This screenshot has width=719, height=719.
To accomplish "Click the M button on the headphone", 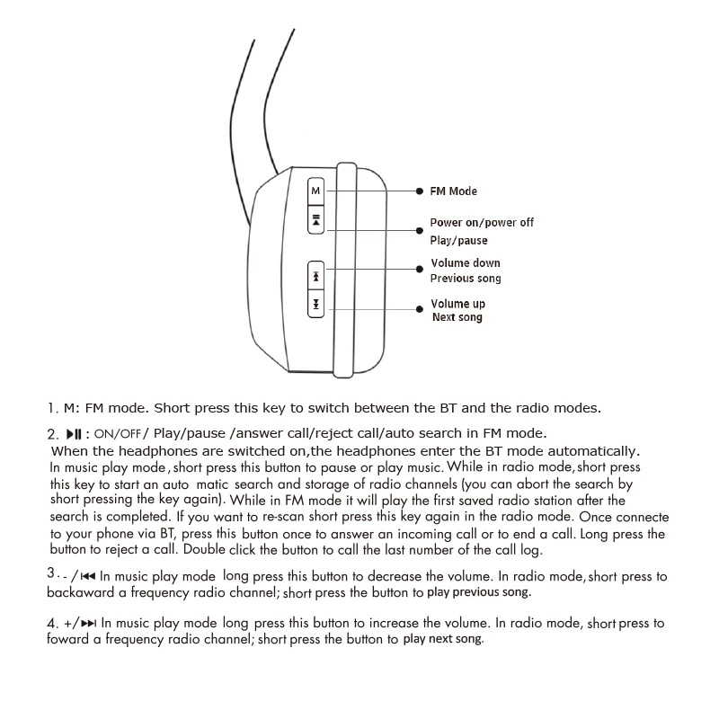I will click(315, 191).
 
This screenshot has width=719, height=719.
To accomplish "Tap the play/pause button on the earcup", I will click(315, 219).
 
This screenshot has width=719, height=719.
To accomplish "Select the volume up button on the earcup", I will click(315, 306).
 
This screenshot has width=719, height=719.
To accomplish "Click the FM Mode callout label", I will click(454, 191).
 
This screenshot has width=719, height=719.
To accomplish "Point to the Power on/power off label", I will click(481, 222).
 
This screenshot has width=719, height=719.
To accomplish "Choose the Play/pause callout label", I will click(458, 240).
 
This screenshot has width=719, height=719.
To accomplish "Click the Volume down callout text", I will click(466, 263).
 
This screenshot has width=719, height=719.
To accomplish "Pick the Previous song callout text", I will click(466, 279).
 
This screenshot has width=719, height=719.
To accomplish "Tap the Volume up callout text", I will click(457, 304).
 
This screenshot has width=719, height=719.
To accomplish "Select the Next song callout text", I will click(457, 317).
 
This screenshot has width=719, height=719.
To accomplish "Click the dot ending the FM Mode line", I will click(420, 191).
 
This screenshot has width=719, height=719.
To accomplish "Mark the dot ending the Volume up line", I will click(420, 308).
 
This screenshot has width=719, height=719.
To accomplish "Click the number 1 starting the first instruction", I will click(52, 408).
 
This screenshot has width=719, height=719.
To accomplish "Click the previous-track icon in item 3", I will click(88, 576).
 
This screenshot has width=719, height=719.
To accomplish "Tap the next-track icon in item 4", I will click(89, 623).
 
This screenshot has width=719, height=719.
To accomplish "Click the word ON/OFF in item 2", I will click(118, 433).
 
